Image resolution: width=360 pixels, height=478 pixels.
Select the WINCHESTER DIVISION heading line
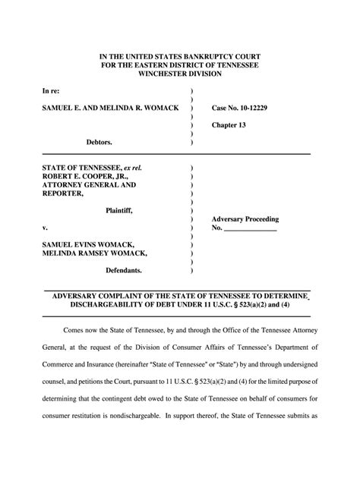[179, 75]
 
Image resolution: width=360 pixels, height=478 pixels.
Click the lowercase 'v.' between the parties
[45, 228]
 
